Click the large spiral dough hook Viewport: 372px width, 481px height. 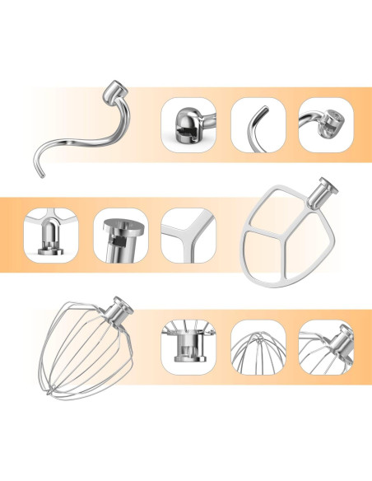82,136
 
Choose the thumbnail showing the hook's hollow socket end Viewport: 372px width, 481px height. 325,124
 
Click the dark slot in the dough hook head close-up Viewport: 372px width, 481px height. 183,126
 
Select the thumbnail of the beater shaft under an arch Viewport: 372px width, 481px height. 49,235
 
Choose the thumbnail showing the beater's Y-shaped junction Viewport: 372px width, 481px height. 187,235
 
